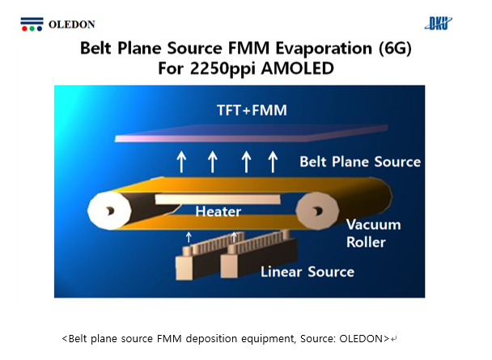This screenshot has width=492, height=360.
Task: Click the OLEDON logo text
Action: click(x=71, y=24)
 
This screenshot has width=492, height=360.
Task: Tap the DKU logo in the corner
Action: click(x=439, y=23)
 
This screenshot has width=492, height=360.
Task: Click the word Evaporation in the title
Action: click(x=324, y=49)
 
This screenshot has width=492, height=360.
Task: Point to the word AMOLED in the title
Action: click(x=297, y=69)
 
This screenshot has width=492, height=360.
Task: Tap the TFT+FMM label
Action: click(x=252, y=110)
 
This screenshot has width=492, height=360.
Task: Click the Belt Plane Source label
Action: click(x=360, y=162)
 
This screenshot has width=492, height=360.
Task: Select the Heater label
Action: click(x=218, y=212)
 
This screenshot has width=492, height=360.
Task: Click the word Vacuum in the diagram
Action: click(x=373, y=225)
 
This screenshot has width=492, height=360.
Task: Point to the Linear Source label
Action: click(x=307, y=272)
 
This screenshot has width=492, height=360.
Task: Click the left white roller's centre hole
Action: click(x=109, y=211)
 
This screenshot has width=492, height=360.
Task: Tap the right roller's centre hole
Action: click(x=317, y=211)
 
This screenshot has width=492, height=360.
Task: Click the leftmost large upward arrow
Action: click(x=181, y=162)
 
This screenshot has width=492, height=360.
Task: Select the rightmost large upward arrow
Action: click(x=273, y=162)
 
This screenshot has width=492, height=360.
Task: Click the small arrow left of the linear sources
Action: click(x=189, y=237)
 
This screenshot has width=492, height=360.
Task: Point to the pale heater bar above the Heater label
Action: click(x=218, y=199)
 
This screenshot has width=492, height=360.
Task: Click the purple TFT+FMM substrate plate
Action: click(x=251, y=134)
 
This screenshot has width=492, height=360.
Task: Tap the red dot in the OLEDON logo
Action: click(x=24, y=29)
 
